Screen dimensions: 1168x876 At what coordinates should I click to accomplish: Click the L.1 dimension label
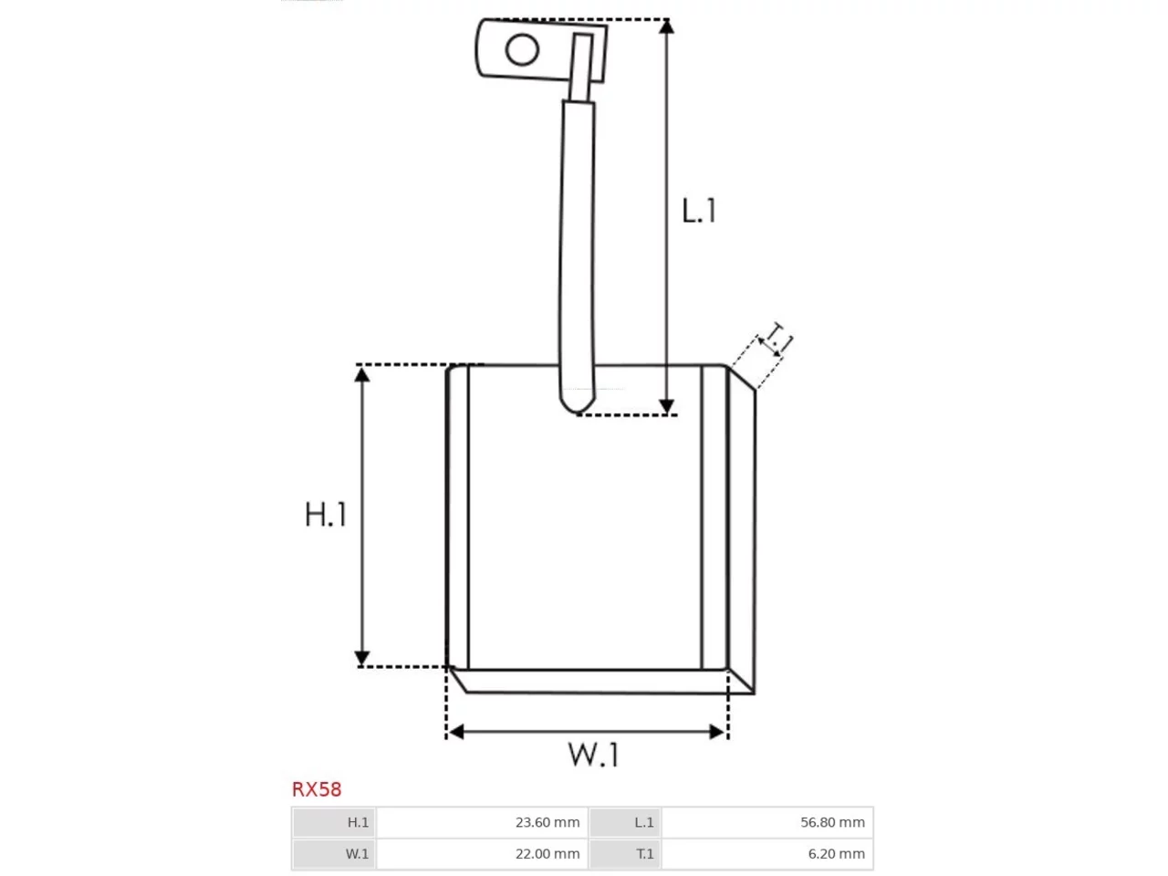(x=699, y=211)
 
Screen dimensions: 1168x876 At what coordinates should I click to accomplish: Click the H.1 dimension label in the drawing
(x=326, y=515)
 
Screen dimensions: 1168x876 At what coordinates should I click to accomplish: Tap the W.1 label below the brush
(x=593, y=755)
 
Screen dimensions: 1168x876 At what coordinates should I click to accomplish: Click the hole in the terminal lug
(x=522, y=50)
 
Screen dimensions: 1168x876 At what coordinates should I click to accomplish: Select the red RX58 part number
(x=317, y=789)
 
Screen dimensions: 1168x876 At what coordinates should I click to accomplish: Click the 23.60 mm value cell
(x=482, y=822)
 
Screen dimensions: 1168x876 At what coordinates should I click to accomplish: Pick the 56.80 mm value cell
(x=766, y=822)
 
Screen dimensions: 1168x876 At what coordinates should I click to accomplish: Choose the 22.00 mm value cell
(x=482, y=854)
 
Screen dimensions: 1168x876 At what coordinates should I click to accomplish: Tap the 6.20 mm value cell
(x=766, y=854)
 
